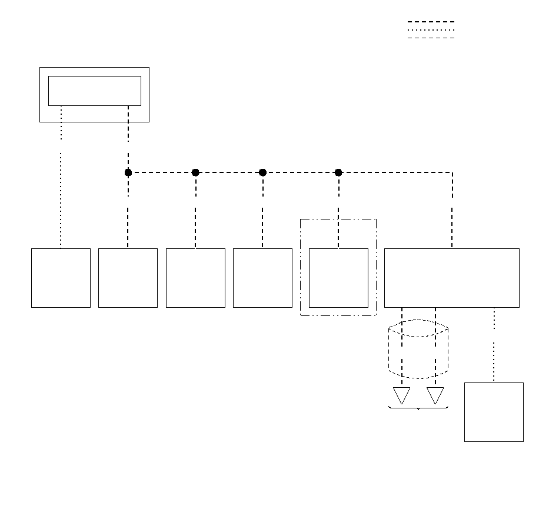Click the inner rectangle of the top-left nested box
click(x=94, y=91)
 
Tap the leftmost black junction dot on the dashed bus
click(x=128, y=172)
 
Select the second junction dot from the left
click(x=195, y=172)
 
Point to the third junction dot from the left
click(x=262, y=172)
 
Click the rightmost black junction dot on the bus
click(x=338, y=172)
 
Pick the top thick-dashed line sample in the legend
click(x=431, y=22)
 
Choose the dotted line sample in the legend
click(x=431, y=30)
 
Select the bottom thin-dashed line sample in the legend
click(x=431, y=38)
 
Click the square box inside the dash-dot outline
click(x=338, y=278)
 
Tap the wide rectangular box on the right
click(x=451, y=278)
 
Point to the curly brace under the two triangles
click(x=418, y=408)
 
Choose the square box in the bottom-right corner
click(x=494, y=412)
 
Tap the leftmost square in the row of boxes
click(x=61, y=278)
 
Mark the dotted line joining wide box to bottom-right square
click(x=494, y=345)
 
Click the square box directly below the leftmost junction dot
click(x=128, y=278)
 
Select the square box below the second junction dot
click(x=195, y=278)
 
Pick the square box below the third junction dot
click(x=262, y=278)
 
